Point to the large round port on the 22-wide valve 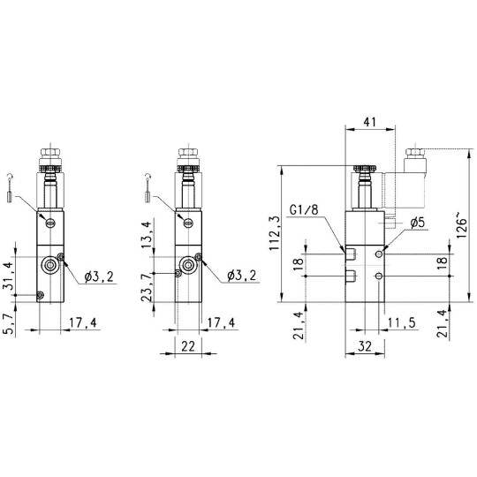pos(186,264)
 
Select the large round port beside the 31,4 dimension pos(50,264)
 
